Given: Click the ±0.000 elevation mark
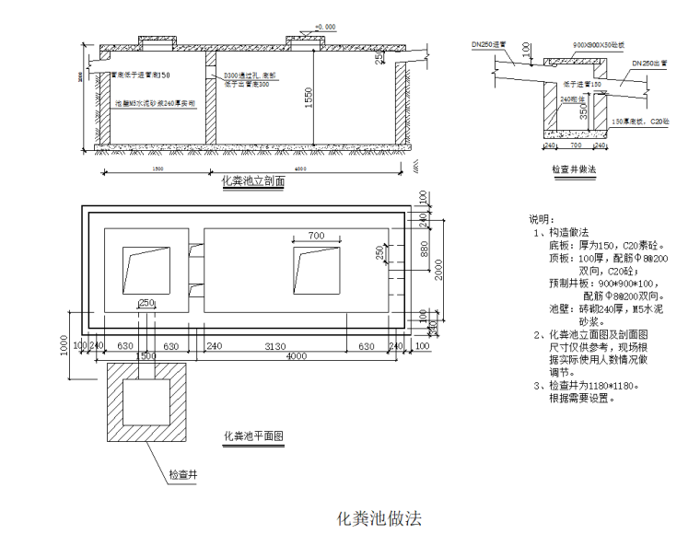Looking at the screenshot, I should coord(325,27).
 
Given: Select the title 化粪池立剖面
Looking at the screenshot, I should coord(253,182).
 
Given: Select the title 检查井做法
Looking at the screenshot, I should coord(574,169).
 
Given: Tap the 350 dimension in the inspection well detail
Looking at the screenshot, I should coord(582,110).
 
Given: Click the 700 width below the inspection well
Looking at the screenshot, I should coord(575,145).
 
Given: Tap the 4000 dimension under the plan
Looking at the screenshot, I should coord(296,356).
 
